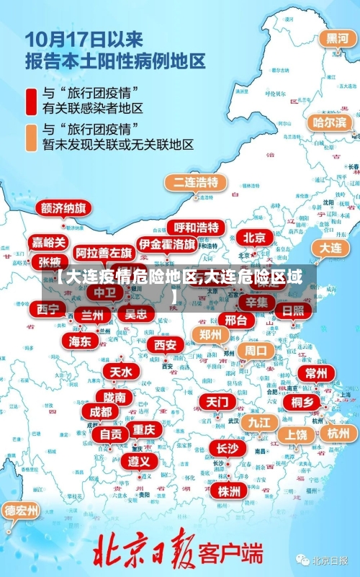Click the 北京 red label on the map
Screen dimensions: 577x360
pos(255,237)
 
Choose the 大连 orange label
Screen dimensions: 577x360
pos(330,248)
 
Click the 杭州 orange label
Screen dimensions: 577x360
pos(338,433)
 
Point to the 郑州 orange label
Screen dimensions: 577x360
pos(210,334)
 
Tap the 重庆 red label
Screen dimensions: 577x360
pos(144,429)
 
